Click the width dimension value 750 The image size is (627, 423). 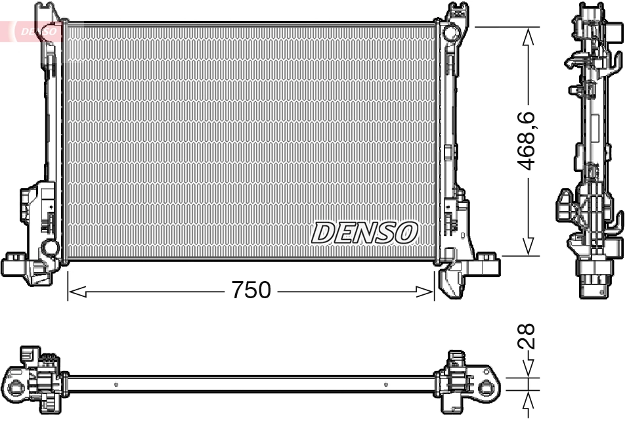click(x=250, y=290)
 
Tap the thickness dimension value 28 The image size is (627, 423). click(x=528, y=335)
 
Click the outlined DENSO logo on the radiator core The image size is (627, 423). click(x=364, y=232)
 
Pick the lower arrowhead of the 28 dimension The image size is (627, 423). click(x=528, y=401)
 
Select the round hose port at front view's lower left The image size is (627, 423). click(x=49, y=248)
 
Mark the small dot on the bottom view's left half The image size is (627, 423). click(x=116, y=384)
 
